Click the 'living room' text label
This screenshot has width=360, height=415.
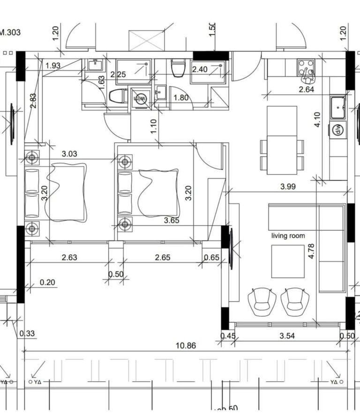(x=288, y=236)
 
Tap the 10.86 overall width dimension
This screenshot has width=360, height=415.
(x=186, y=346)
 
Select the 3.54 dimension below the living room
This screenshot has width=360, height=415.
(x=289, y=336)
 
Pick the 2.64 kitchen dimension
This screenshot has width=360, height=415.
(x=306, y=89)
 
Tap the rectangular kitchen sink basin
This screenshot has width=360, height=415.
(x=338, y=108)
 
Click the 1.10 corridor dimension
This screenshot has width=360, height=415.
(x=154, y=127)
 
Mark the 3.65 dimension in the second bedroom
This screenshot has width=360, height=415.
(x=172, y=220)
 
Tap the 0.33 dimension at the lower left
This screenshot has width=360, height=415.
(x=28, y=333)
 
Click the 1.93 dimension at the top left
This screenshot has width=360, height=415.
(x=53, y=66)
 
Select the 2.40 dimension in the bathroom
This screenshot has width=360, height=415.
(x=200, y=69)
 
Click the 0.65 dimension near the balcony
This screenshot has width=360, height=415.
(x=212, y=257)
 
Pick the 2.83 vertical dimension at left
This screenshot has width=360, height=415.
(x=33, y=101)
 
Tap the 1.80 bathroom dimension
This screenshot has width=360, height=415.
(x=181, y=98)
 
